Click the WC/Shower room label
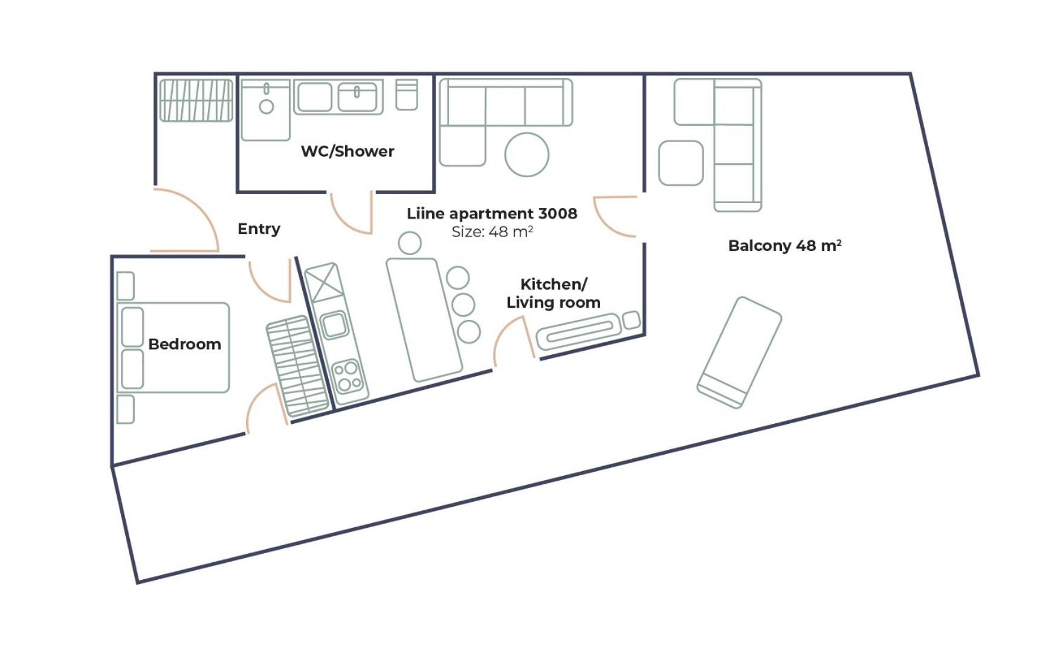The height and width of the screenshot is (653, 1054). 348,151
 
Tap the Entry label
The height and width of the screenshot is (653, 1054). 259,229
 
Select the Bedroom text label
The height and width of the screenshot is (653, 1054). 184,344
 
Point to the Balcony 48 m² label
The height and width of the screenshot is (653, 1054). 784,245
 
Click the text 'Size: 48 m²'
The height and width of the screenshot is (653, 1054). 492,232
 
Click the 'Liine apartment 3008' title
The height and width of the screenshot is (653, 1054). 491,213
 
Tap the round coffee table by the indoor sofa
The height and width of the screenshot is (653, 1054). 526,155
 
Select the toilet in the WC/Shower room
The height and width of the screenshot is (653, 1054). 407,95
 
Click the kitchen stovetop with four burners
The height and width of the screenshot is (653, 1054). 349,376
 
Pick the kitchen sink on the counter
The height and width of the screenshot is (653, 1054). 334,325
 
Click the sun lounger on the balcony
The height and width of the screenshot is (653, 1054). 739,352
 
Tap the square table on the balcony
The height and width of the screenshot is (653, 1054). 681,163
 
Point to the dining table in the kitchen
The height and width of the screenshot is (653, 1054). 424,320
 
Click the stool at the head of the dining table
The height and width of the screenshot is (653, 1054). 410,243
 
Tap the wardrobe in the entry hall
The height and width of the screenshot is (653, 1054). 196,100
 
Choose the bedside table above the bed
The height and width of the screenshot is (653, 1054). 125,286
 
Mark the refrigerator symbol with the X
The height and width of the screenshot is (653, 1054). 324,282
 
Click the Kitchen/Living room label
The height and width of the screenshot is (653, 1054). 553,293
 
